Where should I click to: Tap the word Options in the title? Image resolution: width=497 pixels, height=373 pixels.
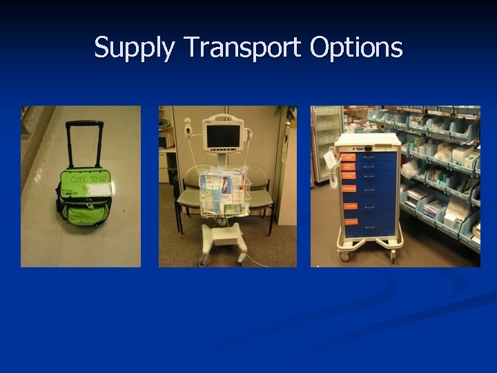pyautogui.click(x=356, y=48)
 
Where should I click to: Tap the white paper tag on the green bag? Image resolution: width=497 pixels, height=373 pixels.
pyautogui.click(x=101, y=189)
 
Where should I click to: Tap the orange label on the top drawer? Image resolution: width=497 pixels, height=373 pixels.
pyautogui.click(x=349, y=157)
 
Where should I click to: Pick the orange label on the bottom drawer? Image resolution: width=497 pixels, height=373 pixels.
pyautogui.click(x=351, y=222)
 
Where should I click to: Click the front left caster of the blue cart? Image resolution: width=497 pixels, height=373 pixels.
pyautogui.click(x=343, y=256)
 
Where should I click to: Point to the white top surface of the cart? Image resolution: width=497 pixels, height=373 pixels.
pyautogui.click(x=368, y=138)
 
